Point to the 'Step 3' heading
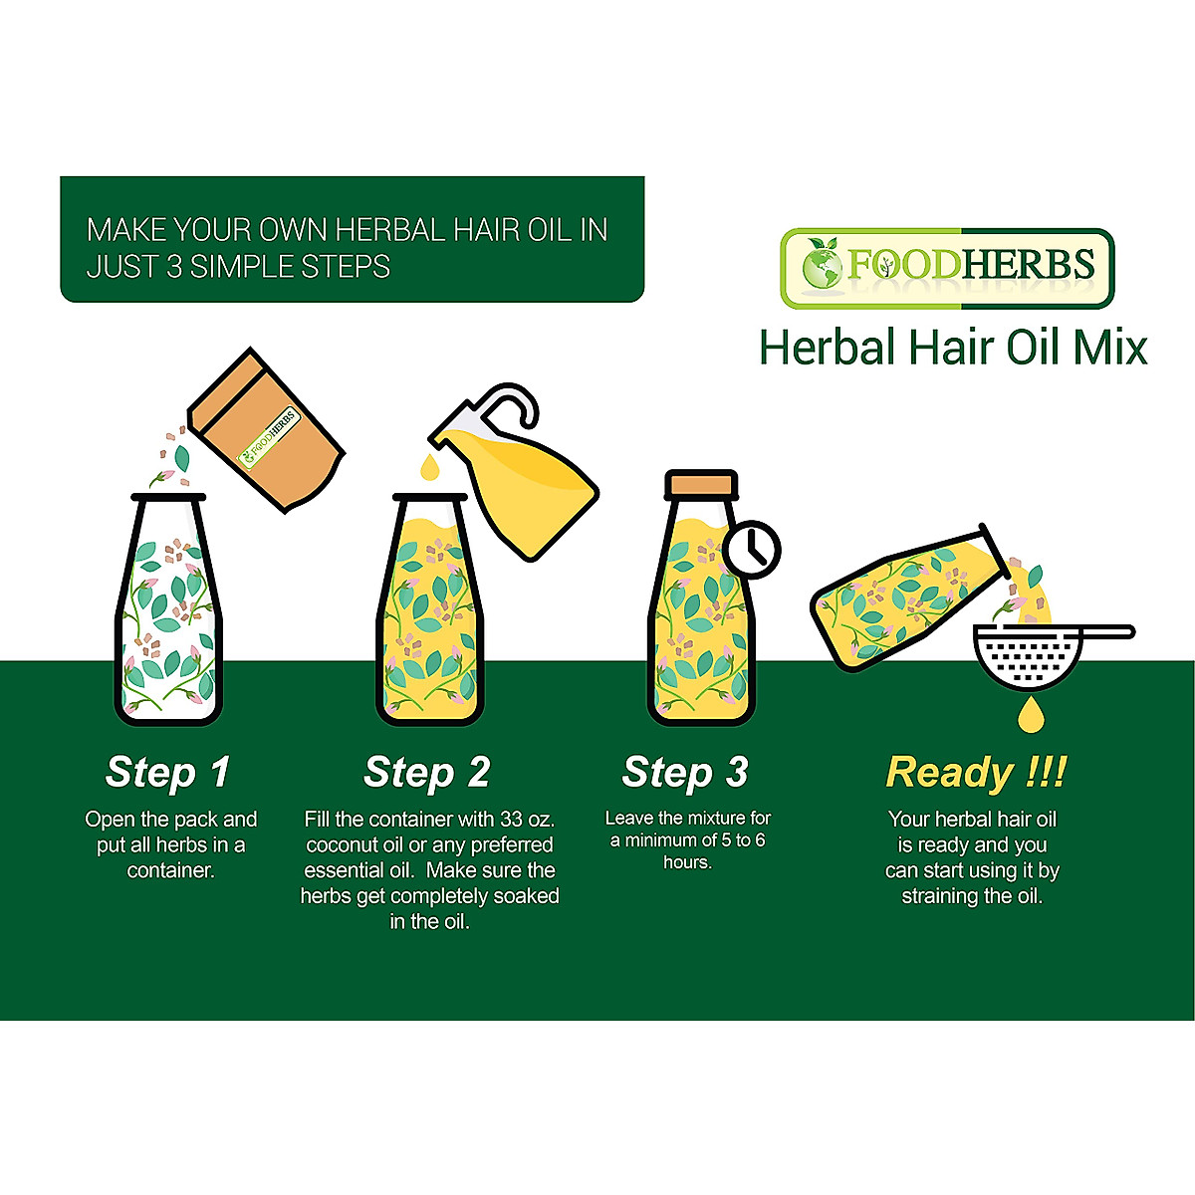pos(684,772)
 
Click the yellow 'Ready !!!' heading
pos(975,772)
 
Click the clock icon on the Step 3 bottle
pos(752,549)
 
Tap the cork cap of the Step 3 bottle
pos(701,484)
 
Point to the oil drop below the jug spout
pos(428,465)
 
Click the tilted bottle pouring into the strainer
pos(896,597)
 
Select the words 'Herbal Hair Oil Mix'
pos(952,348)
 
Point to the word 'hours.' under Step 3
pos(687,862)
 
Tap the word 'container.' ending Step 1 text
pos(170,870)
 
